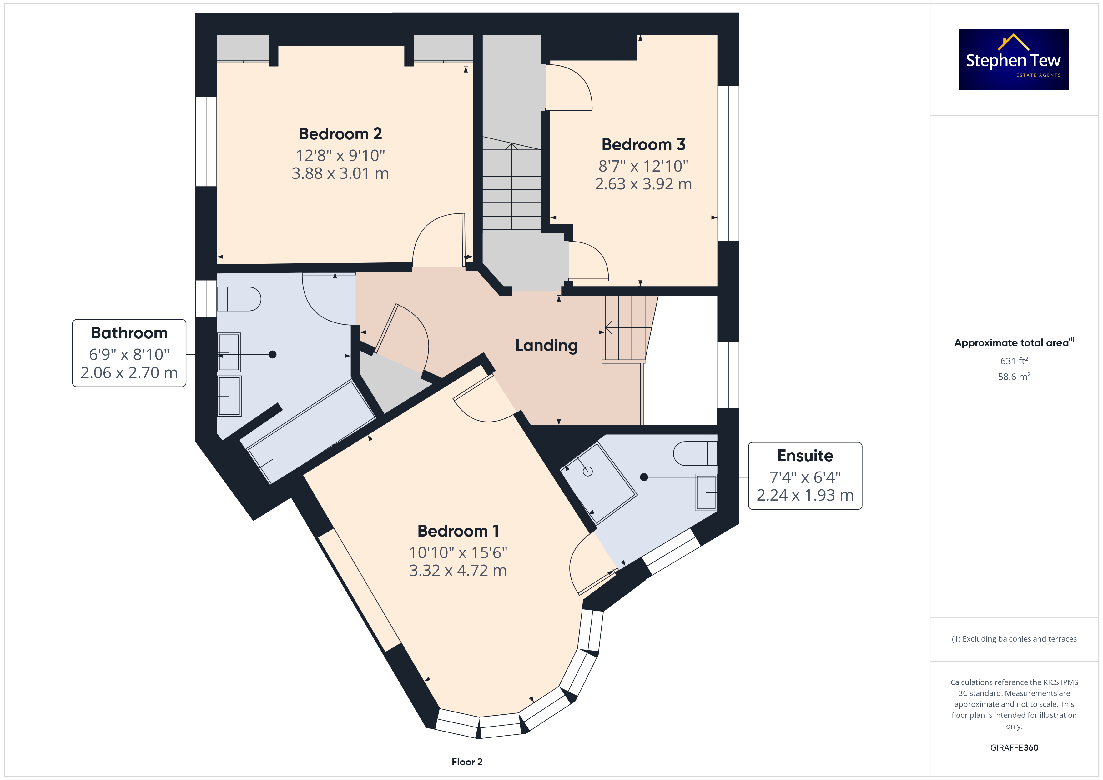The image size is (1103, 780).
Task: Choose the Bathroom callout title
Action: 129,333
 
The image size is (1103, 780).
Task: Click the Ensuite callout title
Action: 805,455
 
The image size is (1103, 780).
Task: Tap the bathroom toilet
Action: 239,299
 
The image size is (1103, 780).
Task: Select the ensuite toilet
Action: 695,453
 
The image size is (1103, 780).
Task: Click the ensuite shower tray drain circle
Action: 587,472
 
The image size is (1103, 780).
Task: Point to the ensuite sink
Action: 706,492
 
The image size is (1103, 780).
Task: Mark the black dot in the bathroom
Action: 272,354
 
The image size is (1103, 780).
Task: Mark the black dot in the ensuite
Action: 644,477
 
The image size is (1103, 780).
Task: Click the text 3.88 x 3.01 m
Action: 340,173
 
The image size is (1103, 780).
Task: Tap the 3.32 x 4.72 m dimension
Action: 458,571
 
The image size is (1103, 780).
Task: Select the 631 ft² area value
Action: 1014,361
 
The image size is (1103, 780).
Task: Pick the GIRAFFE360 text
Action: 1014,747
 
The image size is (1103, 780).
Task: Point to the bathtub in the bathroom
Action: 311,431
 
